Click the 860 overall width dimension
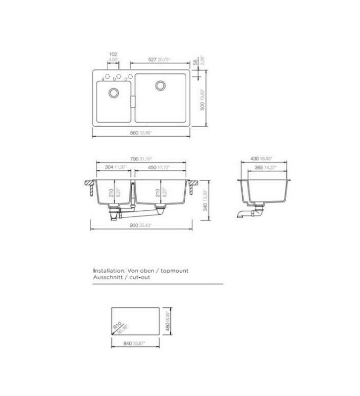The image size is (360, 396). (x=134, y=133)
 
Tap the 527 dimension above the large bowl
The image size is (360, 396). (x=152, y=59)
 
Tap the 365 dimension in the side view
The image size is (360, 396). (x=258, y=168)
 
